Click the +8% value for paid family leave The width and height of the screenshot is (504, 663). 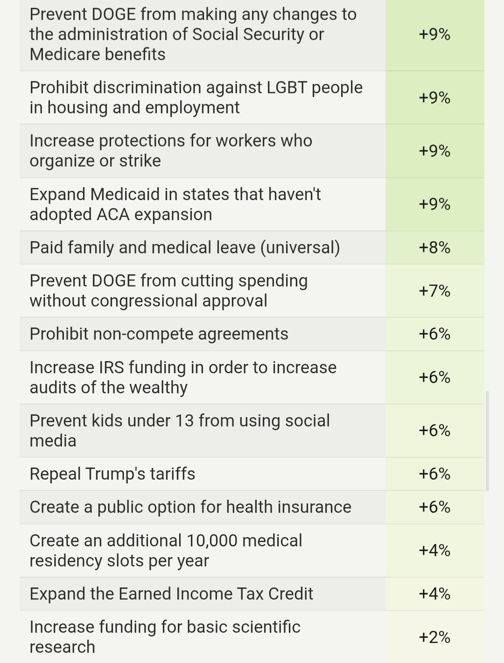click(x=434, y=247)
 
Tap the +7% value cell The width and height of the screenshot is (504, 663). click(x=434, y=291)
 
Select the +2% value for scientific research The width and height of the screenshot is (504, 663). click(x=434, y=637)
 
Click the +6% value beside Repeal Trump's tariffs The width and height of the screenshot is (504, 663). click(x=434, y=474)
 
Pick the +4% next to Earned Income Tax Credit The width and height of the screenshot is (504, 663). click(x=434, y=593)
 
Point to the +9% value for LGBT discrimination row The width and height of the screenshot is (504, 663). click(x=434, y=98)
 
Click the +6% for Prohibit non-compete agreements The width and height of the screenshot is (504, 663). click(x=434, y=334)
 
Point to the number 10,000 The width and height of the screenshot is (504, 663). click(x=212, y=540)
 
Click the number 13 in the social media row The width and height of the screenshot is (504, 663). click(x=184, y=420)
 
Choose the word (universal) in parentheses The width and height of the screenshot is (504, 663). click(x=300, y=247)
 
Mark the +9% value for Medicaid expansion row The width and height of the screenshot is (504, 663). click(x=434, y=204)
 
